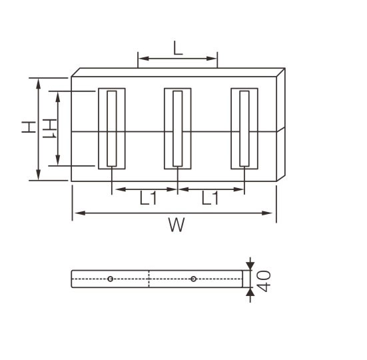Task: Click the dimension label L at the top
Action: (177, 48)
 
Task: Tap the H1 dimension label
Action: (48, 128)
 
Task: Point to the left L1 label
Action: (148, 198)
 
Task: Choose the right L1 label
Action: (210, 198)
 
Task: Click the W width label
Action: (175, 225)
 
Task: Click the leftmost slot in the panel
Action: (112, 128)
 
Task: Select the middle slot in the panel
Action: (178, 128)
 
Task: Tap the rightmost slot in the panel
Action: (244, 128)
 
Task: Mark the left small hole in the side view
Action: (110, 279)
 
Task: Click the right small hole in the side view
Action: (193, 279)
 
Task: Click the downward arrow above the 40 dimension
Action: (250, 265)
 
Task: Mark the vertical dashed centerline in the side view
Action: (149, 279)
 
